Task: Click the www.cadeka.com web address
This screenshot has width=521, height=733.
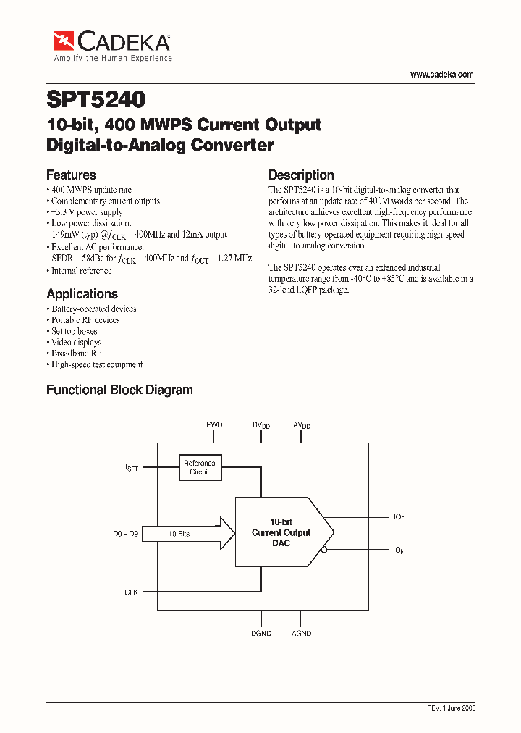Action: [441, 75]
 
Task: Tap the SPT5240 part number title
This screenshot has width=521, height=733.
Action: [96, 98]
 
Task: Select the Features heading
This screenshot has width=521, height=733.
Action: [71, 175]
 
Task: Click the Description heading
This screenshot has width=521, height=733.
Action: [301, 175]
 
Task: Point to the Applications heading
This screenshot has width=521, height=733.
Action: [82, 293]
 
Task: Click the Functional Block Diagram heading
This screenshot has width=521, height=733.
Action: [119, 390]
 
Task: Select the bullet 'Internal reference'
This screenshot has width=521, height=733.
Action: [81, 271]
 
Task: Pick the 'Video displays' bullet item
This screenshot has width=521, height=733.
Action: [76, 342]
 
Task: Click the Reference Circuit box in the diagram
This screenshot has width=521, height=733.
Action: [200, 467]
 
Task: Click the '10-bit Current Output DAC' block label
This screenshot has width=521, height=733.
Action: [281, 532]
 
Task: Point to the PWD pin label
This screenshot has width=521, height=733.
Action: [214, 424]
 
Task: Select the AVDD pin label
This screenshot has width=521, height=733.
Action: [301, 425]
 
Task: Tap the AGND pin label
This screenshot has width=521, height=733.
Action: [301, 633]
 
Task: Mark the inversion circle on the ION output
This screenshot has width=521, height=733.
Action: [325, 550]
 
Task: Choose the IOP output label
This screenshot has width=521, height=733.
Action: [399, 517]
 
